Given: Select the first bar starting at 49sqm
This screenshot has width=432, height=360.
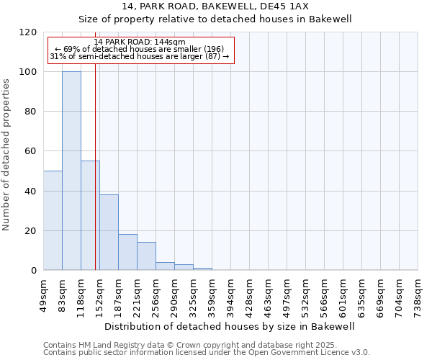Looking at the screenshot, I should (x=53, y=220).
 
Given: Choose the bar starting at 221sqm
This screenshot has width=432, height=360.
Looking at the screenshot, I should (x=146, y=256).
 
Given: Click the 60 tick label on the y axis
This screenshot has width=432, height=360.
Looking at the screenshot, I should (x=31, y=151).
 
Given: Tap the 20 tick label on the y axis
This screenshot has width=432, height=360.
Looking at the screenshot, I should (x=31, y=231).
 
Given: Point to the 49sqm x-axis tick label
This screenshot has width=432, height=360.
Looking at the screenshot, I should (x=44, y=293).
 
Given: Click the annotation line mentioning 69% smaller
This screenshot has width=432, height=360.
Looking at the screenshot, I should (x=140, y=49).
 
